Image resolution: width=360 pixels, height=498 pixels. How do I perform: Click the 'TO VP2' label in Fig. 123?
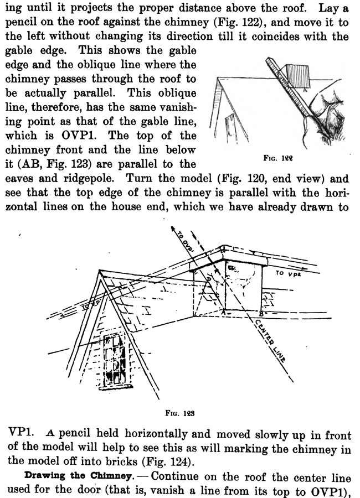tap(289, 273)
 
